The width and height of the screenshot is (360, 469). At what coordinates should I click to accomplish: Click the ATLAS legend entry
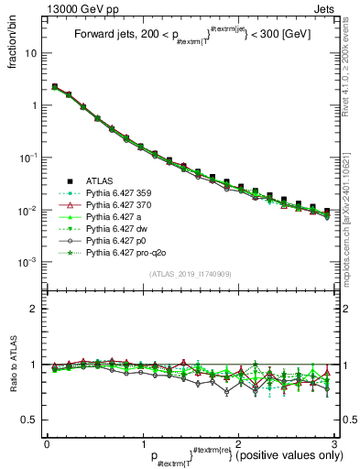pos(99,180)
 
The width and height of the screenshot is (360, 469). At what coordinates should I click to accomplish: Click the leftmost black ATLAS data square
pos(55,87)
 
